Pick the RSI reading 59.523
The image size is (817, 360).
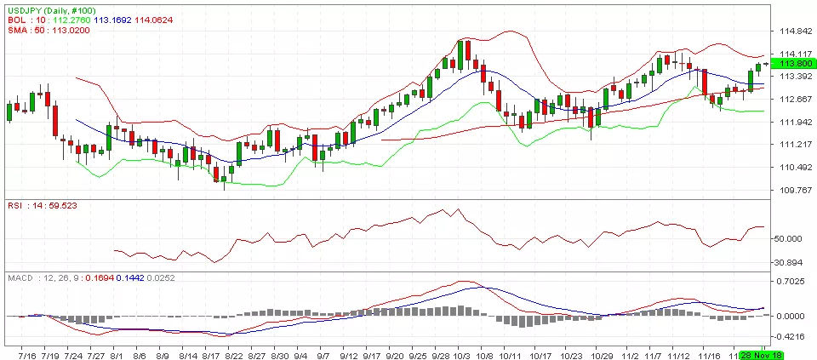pos(54,206)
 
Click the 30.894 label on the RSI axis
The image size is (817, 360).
pos(792,262)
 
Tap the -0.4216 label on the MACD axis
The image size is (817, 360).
pos(792,335)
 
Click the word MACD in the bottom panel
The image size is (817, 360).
pos(20,277)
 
